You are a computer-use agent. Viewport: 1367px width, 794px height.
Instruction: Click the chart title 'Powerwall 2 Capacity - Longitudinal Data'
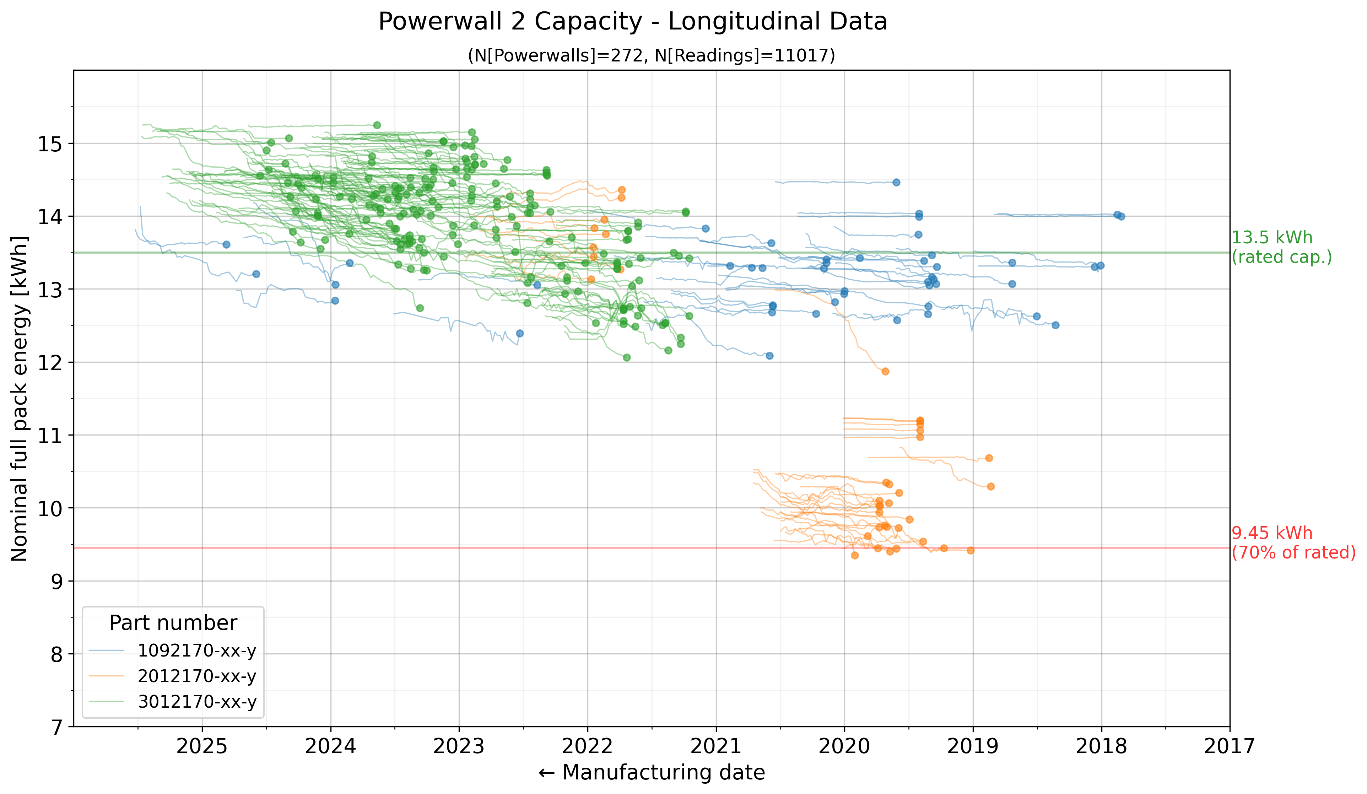click(x=632, y=22)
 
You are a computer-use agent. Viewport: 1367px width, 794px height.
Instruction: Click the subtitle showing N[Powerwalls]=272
click(x=651, y=55)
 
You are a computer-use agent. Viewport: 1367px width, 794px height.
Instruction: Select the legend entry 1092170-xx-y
click(x=196, y=650)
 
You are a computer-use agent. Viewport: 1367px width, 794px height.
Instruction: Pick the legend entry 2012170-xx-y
click(x=196, y=676)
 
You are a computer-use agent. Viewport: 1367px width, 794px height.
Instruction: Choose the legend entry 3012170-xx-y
click(x=196, y=702)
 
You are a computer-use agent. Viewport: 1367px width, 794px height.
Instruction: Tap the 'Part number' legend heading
click(x=173, y=623)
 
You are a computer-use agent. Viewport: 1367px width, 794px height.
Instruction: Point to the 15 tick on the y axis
click(x=50, y=144)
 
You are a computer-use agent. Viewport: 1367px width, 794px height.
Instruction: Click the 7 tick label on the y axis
click(x=56, y=727)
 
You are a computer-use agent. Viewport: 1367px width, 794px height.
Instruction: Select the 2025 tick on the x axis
click(x=202, y=746)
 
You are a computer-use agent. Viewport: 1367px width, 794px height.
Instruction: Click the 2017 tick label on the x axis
click(x=1230, y=746)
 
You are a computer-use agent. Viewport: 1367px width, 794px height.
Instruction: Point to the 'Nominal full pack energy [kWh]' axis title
click(x=20, y=399)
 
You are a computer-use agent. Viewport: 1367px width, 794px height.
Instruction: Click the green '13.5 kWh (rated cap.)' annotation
click(x=1281, y=247)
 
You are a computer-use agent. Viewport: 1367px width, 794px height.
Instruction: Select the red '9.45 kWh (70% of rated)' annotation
click(x=1293, y=542)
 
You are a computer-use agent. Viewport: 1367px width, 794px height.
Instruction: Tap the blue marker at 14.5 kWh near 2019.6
click(x=896, y=182)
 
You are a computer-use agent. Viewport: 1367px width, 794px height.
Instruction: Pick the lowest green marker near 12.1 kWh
click(x=627, y=357)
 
